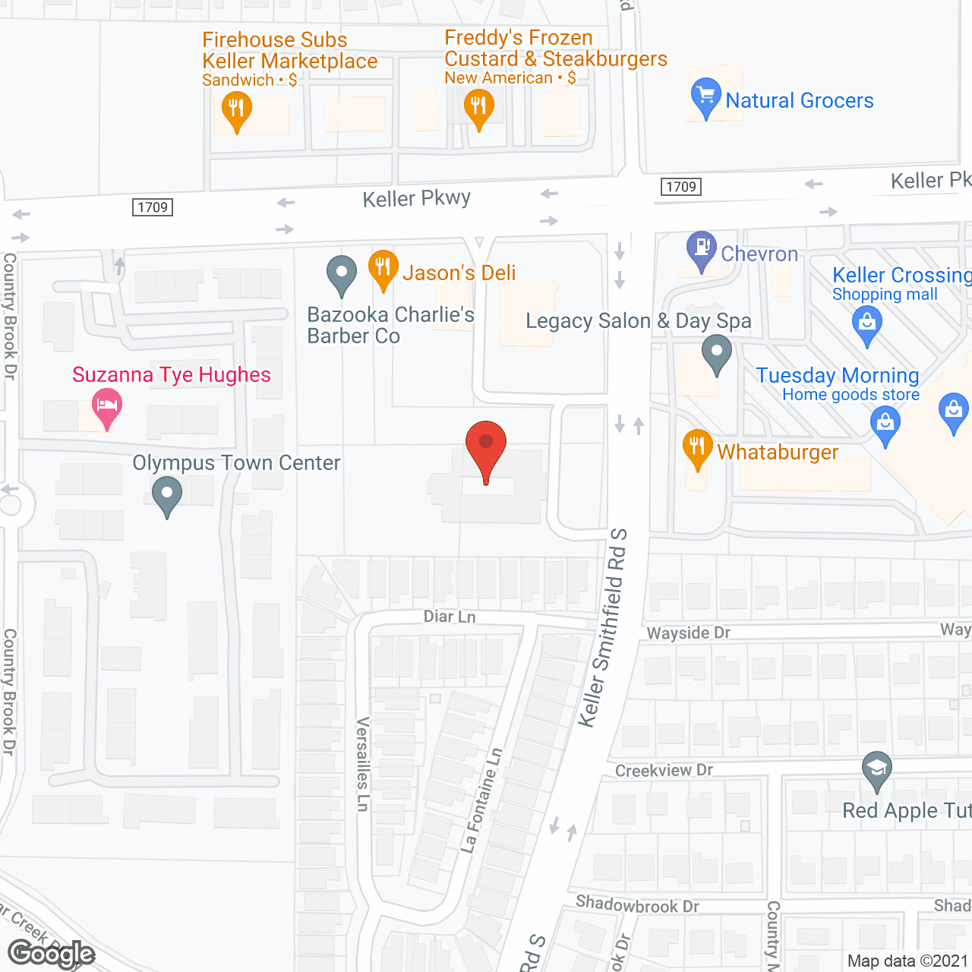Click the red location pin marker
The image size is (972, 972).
(x=486, y=444)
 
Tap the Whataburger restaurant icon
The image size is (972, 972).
(x=697, y=447)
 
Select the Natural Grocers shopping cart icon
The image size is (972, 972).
(x=705, y=96)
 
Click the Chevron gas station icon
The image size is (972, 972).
(x=702, y=248)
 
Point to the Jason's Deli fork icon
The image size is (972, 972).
(x=383, y=267)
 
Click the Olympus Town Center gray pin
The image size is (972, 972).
(x=167, y=495)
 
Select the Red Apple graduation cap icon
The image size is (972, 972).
(x=877, y=768)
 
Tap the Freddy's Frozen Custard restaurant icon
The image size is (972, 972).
(x=478, y=106)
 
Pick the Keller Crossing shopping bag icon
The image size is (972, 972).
(x=867, y=323)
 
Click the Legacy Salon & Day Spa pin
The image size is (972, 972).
(x=716, y=353)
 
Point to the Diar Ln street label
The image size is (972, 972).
(x=450, y=617)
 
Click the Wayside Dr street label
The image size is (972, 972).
(x=688, y=633)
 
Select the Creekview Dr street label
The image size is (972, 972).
(x=664, y=771)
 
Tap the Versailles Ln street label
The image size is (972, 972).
(x=363, y=764)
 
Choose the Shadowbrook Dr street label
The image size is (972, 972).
(x=637, y=904)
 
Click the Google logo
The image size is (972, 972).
(x=52, y=954)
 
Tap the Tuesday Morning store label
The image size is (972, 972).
(x=838, y=376)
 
